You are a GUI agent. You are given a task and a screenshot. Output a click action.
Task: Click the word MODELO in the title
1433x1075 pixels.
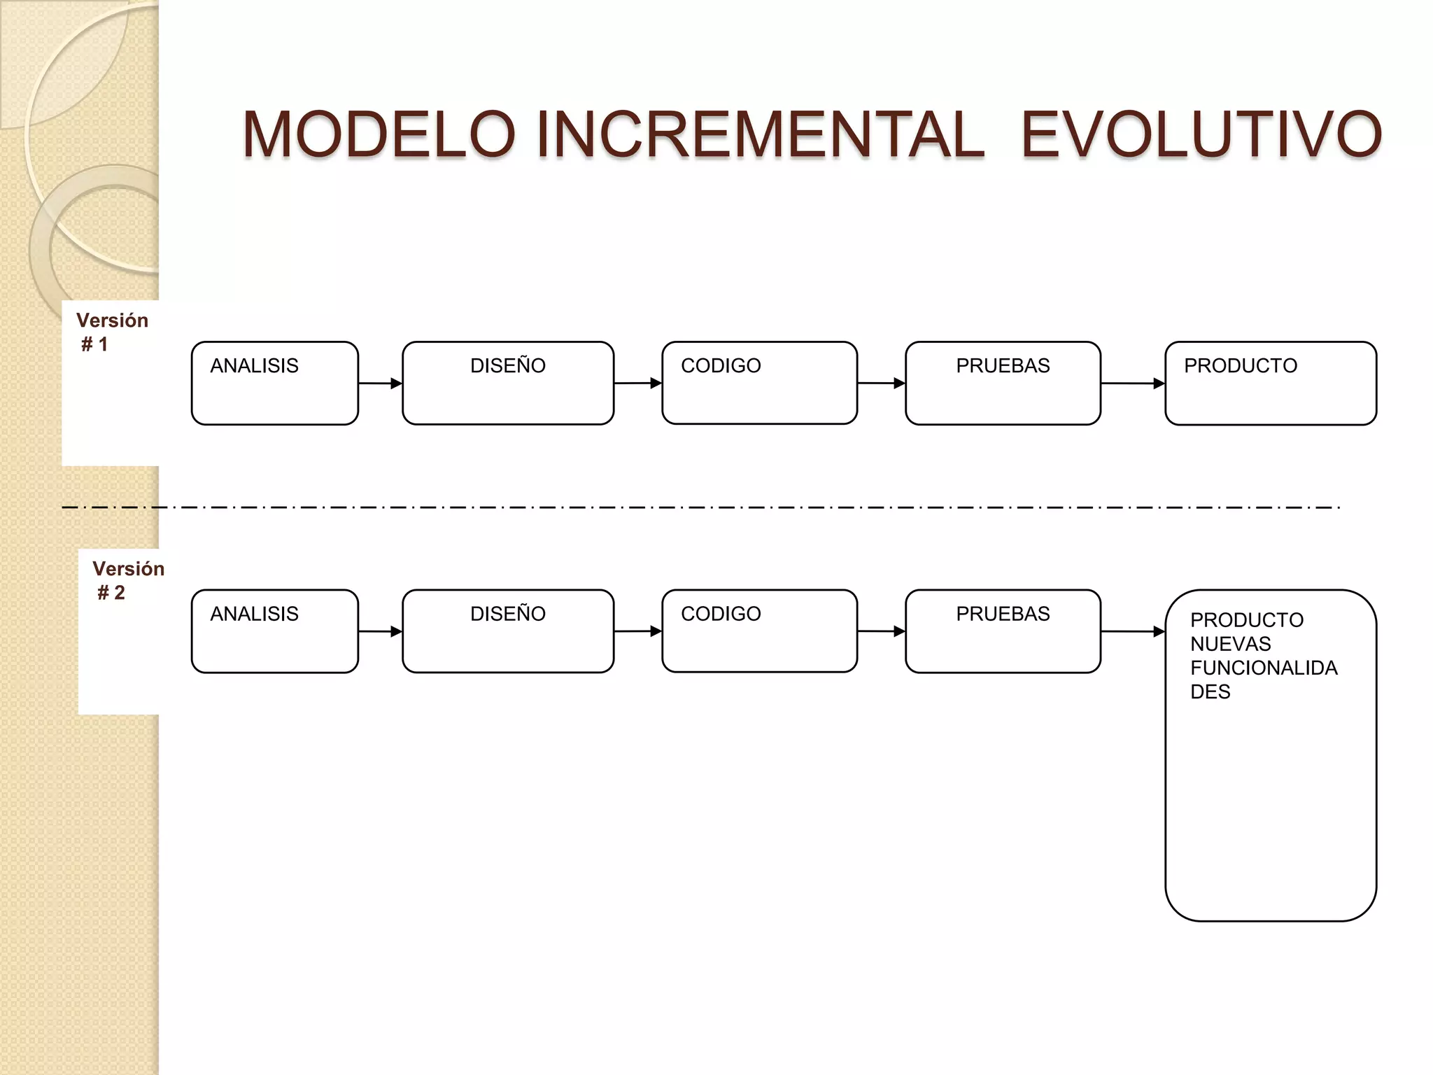[379, 134]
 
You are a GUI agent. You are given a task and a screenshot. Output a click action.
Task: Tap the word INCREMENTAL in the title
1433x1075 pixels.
[761, 134]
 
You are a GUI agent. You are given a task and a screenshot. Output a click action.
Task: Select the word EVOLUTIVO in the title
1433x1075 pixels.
[1201, 134]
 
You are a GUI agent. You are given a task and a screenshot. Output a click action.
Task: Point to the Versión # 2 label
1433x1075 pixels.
[127, 581]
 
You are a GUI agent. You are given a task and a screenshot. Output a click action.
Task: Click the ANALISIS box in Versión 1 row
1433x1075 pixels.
[275, 384]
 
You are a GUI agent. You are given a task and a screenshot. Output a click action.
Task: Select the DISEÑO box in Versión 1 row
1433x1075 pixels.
[508, 384]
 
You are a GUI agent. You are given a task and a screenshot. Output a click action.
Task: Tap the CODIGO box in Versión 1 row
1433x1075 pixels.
[759, 384]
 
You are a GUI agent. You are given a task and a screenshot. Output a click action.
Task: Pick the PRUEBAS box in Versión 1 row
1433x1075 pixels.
[1003, 384]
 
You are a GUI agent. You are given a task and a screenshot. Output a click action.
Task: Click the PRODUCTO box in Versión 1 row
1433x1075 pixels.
[1271, 384]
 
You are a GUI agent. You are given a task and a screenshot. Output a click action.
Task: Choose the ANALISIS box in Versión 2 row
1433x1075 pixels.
[275, 631]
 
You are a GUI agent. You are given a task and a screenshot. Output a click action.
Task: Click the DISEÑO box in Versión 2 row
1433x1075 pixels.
[508, 631]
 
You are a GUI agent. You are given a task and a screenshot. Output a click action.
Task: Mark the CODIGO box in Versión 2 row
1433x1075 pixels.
[759, 631]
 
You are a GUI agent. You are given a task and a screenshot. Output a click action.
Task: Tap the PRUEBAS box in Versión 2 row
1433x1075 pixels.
[1003, 631]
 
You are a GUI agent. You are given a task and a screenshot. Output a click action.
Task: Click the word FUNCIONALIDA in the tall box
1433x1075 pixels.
[1264, 668]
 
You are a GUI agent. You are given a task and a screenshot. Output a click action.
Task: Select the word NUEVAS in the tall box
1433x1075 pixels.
[1231, 644]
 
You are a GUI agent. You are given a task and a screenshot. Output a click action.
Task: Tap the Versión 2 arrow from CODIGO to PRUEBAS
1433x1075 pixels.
[881, 631]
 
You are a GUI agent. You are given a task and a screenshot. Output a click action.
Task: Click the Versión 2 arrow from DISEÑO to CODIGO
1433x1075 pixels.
[637, 631]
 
